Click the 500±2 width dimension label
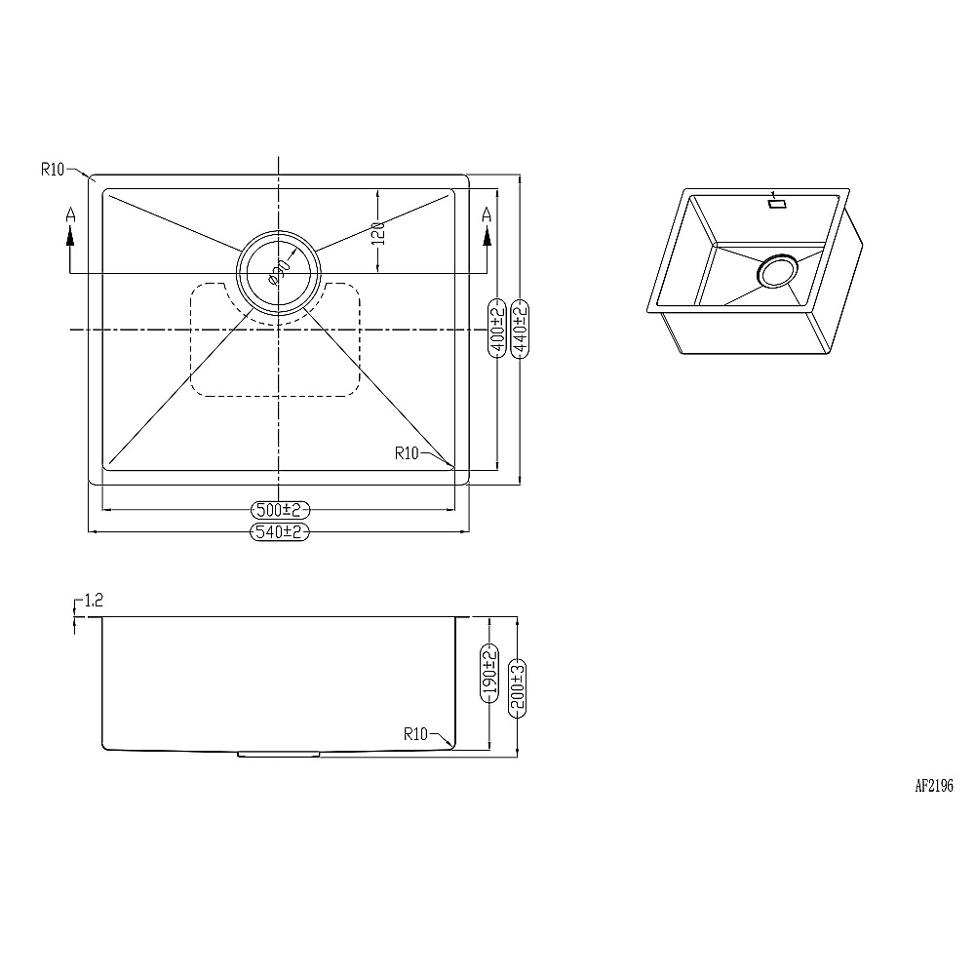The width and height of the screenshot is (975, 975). point(280,510)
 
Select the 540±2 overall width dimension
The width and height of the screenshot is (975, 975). point(279,531)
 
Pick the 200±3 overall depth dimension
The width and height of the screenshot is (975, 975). point(518,688)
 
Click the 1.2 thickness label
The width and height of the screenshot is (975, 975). point(94,600)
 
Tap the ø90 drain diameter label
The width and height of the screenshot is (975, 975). point(280,272)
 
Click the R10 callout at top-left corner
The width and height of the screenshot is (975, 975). point(53,169)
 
